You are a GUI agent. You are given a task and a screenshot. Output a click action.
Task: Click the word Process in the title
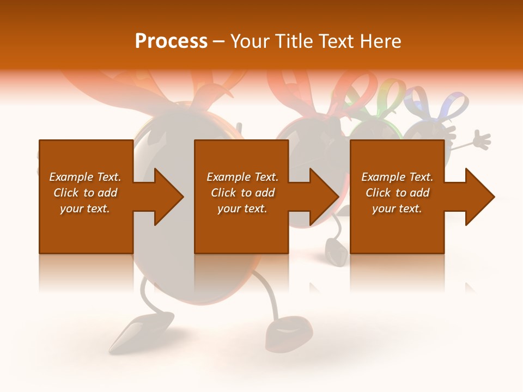tap(171, 41)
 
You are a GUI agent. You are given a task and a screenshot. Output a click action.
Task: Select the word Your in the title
tap(247, 41)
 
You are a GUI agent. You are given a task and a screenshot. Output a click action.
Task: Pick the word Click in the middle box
tap(223, 193)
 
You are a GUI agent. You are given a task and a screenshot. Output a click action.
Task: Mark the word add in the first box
tap(107, 193)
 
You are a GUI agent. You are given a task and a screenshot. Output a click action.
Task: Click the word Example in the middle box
tap(229, 177)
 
